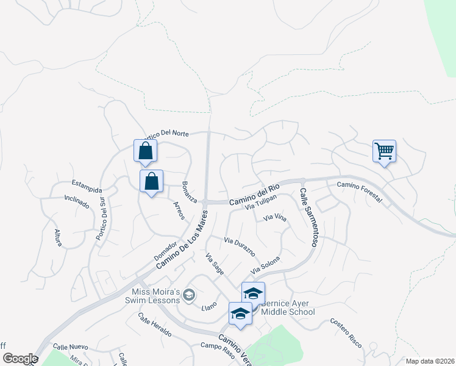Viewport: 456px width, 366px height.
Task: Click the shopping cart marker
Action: click(x=384, y=151)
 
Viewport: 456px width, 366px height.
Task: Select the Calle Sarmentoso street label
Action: click(x=308, y=217)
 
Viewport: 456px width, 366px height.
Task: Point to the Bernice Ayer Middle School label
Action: click(x=288, y=307)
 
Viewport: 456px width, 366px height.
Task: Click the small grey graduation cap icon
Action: click(x=190, y=296)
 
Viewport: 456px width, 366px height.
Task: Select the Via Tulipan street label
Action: click(x=261, y=203)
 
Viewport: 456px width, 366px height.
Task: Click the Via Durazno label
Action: click(x=239, y=247)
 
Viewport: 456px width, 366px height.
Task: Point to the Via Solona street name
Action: click(x=266, y=265)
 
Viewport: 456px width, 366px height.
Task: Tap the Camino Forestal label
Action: click(x=359, y=192)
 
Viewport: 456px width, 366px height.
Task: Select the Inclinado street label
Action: click(x=77, y=201)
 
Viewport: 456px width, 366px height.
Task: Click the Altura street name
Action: click(x=58, y=235)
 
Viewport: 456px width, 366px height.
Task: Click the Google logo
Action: click(x=20, y=359)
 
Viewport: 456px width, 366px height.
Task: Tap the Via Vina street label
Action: click(x=274, y=218)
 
